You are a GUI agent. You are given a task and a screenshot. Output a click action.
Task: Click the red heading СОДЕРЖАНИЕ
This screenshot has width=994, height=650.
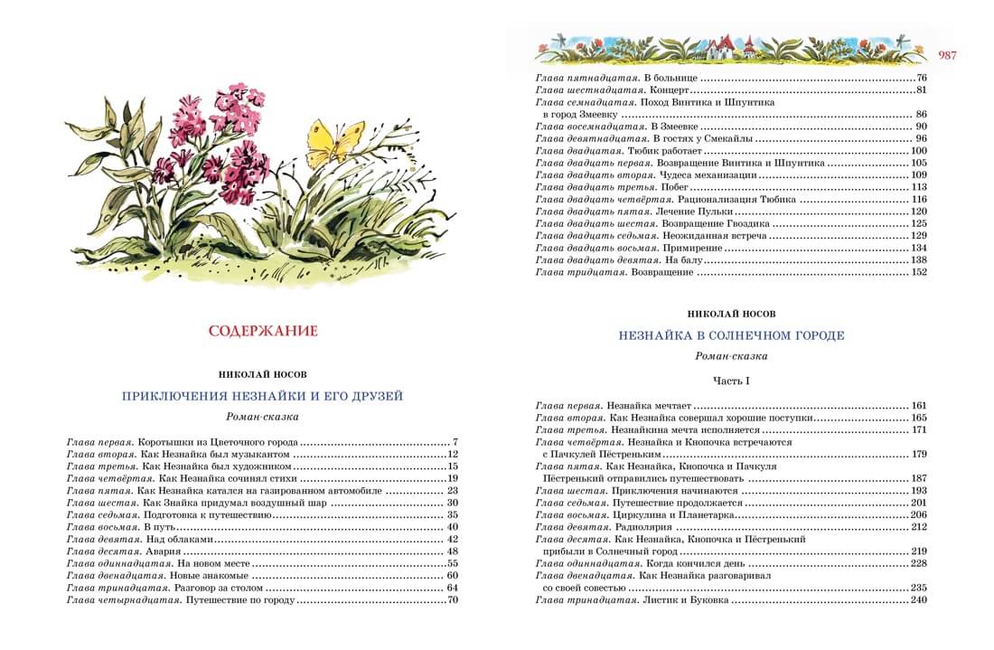(x=263, y=331)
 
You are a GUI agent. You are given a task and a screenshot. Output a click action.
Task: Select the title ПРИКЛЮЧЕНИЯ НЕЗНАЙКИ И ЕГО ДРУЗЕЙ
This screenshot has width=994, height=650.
(x=262, y=396)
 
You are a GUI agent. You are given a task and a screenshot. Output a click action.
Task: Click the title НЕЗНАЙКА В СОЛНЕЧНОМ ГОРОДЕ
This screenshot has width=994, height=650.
(x=731, y=335)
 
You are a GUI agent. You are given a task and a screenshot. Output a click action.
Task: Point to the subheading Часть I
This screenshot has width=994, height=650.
(x=731, y=381)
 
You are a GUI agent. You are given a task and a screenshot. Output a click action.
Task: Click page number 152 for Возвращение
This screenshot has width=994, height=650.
(x=920, y=272)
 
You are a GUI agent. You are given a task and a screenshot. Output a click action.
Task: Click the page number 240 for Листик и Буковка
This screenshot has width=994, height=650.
(x=920, y=600)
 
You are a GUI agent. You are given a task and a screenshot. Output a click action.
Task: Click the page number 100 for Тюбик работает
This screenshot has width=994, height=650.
(x=920, y=151)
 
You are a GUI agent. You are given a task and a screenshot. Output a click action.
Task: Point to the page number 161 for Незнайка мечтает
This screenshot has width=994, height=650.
(x=920, y=406)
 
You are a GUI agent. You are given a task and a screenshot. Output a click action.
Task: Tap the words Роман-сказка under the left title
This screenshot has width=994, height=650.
(x=262, y=417)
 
